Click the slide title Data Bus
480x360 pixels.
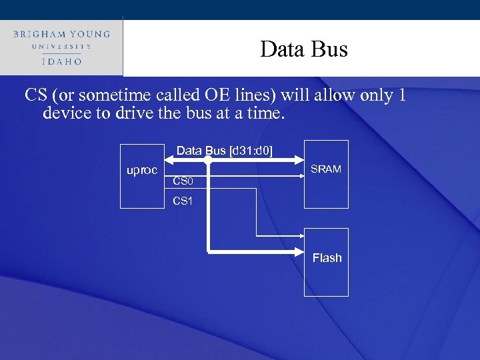pyautogui.click(x=304, y=49)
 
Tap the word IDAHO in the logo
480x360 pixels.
pyautogui.click(x=61, y=61)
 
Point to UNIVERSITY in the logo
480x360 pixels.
pyautogui.click(x=61, y=47)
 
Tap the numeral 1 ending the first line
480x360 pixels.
pyautogui.click(x=401, y=95)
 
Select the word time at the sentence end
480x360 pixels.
pyautogui.click(x=267, y=113)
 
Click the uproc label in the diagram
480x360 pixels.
pyautogui.click(x=142, y=171)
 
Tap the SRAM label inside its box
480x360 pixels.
pyautogui.click(x=326, y=169)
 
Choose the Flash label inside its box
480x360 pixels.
pyautogui.click(x=327, y=258)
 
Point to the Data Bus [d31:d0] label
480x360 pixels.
pyautogui.click(x=225, y=151)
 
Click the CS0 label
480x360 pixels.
pyautogui.click(x=183, y=181)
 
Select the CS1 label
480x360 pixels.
pyautogui.click(x=183, y=201)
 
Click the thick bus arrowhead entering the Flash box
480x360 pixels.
pyautogui.click(x=299, y=251)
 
